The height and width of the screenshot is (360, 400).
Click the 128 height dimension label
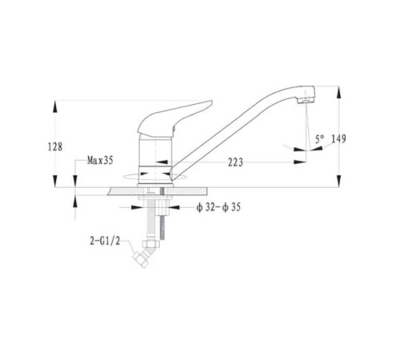[55, 146]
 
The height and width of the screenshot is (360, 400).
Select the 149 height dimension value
[338, 138]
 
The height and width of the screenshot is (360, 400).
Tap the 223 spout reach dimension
[235, 162]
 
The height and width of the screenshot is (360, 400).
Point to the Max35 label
[100, 160]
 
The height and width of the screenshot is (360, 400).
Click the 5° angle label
[320, 139]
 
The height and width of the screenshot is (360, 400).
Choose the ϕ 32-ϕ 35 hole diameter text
[218, 207]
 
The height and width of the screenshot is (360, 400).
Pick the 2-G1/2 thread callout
[105, 242]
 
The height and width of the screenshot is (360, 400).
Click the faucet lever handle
[174, 118]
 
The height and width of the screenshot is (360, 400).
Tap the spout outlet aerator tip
[306, 101]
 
